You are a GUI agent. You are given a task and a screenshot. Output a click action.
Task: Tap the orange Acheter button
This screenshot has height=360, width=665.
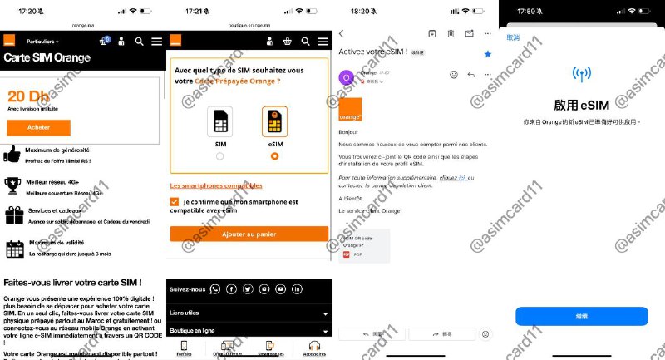coord(38,127)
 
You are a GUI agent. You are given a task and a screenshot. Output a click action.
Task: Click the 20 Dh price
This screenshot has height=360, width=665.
coord(26,96)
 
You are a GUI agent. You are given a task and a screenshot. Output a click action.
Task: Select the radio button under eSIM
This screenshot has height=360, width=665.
coord(274,155)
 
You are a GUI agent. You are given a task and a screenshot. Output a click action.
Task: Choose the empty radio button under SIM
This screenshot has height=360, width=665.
coord(219,155)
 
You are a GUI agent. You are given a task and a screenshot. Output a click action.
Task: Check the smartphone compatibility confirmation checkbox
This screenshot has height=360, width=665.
coord(174,202)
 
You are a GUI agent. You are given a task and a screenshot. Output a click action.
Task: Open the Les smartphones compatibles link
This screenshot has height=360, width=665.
coord(215,185)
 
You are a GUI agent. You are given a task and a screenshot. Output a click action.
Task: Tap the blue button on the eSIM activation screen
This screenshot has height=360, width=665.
coord(581,316)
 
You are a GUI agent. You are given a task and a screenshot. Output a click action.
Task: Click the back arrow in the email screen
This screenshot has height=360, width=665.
coord(342,33)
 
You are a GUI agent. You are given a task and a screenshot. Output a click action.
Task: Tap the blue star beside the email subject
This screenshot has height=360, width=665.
coord(488,54)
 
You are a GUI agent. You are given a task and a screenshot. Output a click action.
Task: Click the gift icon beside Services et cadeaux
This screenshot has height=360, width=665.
coord(13,216)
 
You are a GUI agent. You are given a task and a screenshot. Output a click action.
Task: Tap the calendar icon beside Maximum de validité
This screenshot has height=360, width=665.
coord(14,248)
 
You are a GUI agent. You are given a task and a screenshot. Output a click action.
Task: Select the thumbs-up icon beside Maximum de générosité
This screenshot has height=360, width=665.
coord(12,154)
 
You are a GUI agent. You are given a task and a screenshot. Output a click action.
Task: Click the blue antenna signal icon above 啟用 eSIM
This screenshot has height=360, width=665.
coord(581,75)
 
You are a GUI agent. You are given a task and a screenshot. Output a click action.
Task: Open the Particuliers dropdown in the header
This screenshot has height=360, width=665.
coord(42,41)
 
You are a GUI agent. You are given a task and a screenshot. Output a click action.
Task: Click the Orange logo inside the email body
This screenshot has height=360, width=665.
coord(351,110)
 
